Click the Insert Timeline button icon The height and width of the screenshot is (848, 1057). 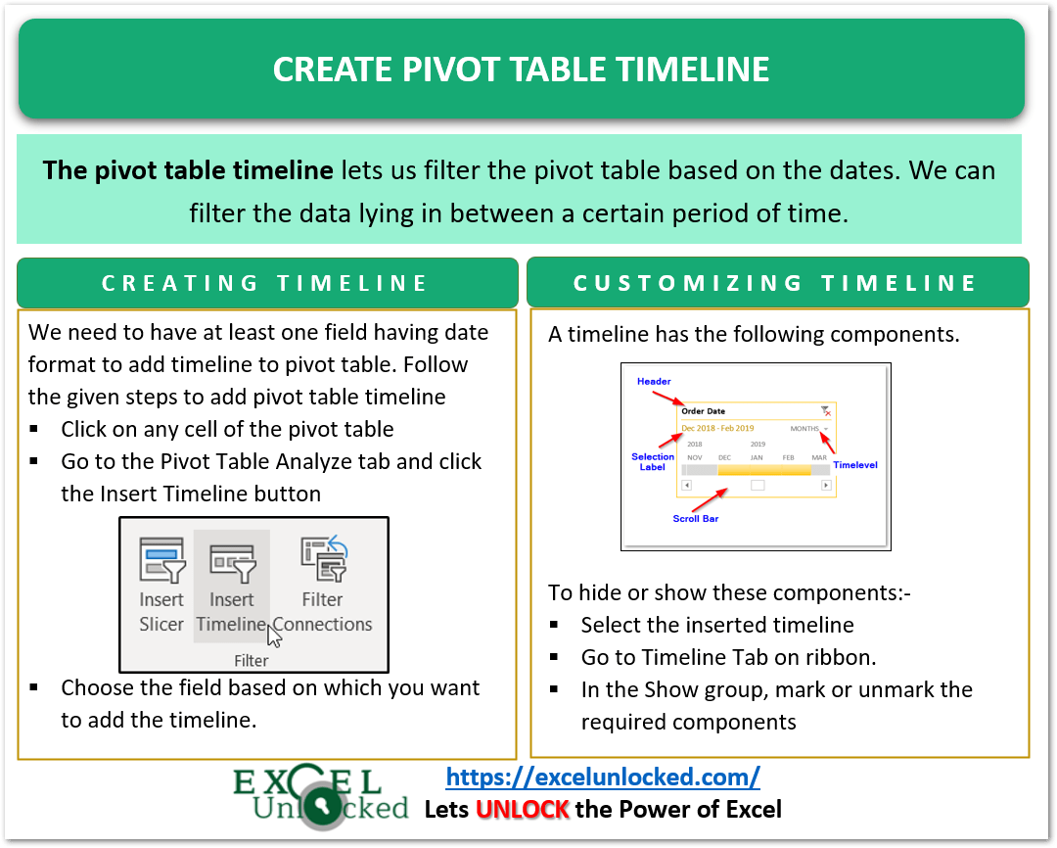(x=232, y=563)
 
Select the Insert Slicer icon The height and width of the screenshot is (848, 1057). (x=161, y=563)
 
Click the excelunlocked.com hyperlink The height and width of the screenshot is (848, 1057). (x=603, y=777)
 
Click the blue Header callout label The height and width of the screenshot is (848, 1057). (x=654, y=381)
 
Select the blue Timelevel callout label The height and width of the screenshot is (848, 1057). (x=854, y=465)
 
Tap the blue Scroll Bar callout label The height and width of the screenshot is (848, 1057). (x=695, y=518)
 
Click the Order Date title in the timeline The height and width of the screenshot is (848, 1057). (x=703, y=411)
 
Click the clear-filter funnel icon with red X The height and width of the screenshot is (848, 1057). (x=826, y=411)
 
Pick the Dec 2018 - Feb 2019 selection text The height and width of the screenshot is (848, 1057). (x=717, y=429)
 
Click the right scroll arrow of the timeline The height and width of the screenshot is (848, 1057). (x=826, y=485)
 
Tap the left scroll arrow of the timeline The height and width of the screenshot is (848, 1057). (x=687, y=485)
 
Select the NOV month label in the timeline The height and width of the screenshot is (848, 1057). (x=694, y=457)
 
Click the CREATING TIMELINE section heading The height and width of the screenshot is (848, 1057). (x=266, y=283)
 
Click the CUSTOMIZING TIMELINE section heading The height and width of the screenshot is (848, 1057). (x=776, y=283)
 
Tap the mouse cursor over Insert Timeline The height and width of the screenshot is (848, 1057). (x=275, y=636)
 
